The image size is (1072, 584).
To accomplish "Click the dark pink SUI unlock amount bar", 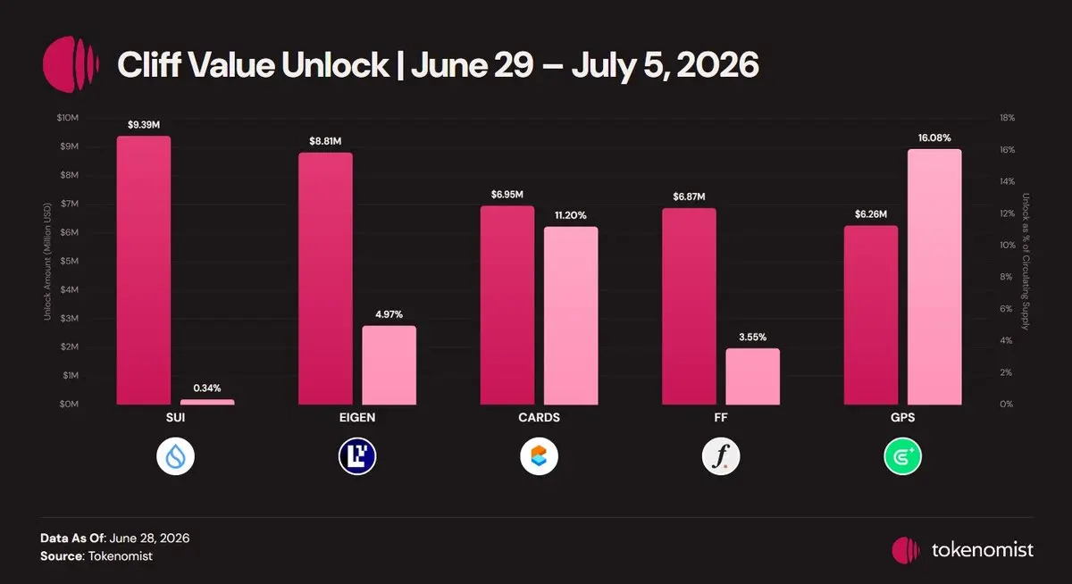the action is point(144,271).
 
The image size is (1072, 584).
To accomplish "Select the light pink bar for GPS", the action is point(934,277).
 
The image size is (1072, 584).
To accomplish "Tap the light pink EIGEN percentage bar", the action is point(389,365).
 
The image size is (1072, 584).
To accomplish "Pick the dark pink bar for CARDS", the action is point(507,305).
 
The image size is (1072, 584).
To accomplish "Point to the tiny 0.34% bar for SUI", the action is point(207,402).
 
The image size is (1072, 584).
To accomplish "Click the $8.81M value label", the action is point(325,141).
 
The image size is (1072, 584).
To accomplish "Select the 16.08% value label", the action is point(934,138).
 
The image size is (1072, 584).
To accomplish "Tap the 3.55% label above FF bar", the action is point(753,338).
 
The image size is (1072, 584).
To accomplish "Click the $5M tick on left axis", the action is point(70,261).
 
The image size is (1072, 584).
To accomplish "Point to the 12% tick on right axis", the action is point(1007,213).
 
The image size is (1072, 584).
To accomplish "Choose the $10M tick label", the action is point(68,118).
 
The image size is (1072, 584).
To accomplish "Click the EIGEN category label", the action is point(357,418).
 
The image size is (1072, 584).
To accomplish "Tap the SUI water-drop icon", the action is point(176,456).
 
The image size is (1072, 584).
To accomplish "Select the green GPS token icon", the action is point(902,456).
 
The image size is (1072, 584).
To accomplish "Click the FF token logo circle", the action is point(721,456).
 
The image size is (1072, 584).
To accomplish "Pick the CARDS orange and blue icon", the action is point(539,456).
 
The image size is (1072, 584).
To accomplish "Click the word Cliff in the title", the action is point(149,64).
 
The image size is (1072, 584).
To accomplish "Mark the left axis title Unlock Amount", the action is point(46,262).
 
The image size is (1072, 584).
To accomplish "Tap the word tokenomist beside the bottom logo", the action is point(982,550).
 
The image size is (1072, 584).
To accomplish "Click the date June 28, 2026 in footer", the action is point(149,538).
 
